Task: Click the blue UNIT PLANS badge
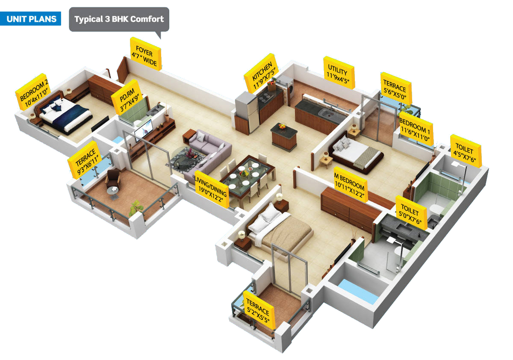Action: click(31, 19)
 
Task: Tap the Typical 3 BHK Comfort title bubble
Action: click(119, 19)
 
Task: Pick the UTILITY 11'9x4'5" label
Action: click(339, 72)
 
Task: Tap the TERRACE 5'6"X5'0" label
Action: click(396, 89)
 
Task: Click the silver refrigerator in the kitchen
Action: click(248, 110)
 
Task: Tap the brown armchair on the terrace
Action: click(113, 179)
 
